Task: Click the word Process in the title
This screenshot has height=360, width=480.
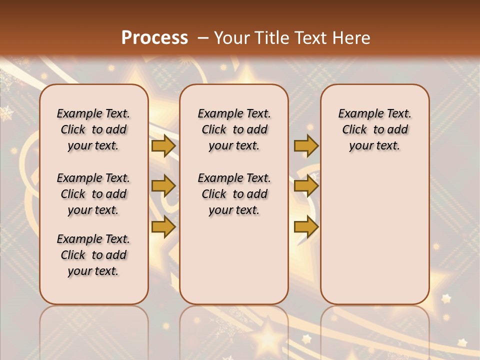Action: coord(154,38)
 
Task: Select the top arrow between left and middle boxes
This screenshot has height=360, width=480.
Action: coord(163,146)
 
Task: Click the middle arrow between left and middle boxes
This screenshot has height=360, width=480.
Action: coord(163,186)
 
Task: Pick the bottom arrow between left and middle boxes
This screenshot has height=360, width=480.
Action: coord(163,227)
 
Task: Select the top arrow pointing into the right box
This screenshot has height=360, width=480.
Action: coord(306,146)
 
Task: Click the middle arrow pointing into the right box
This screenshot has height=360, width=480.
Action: coord(306,186)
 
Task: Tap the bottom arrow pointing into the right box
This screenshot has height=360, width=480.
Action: coord(306,227)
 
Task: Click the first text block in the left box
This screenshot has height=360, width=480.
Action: coord(93,130)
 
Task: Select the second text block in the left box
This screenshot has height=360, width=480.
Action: coord(93,194)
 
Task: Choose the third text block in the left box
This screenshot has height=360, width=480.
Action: coord(93,255)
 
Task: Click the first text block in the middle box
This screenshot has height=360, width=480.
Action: coord(234,130)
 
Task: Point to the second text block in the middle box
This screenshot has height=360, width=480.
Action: coord(234,194)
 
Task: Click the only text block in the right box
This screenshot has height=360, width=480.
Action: coord(375,130)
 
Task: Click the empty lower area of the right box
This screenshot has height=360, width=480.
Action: coord(375,230)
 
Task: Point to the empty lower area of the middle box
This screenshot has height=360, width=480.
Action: coord(234,260)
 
